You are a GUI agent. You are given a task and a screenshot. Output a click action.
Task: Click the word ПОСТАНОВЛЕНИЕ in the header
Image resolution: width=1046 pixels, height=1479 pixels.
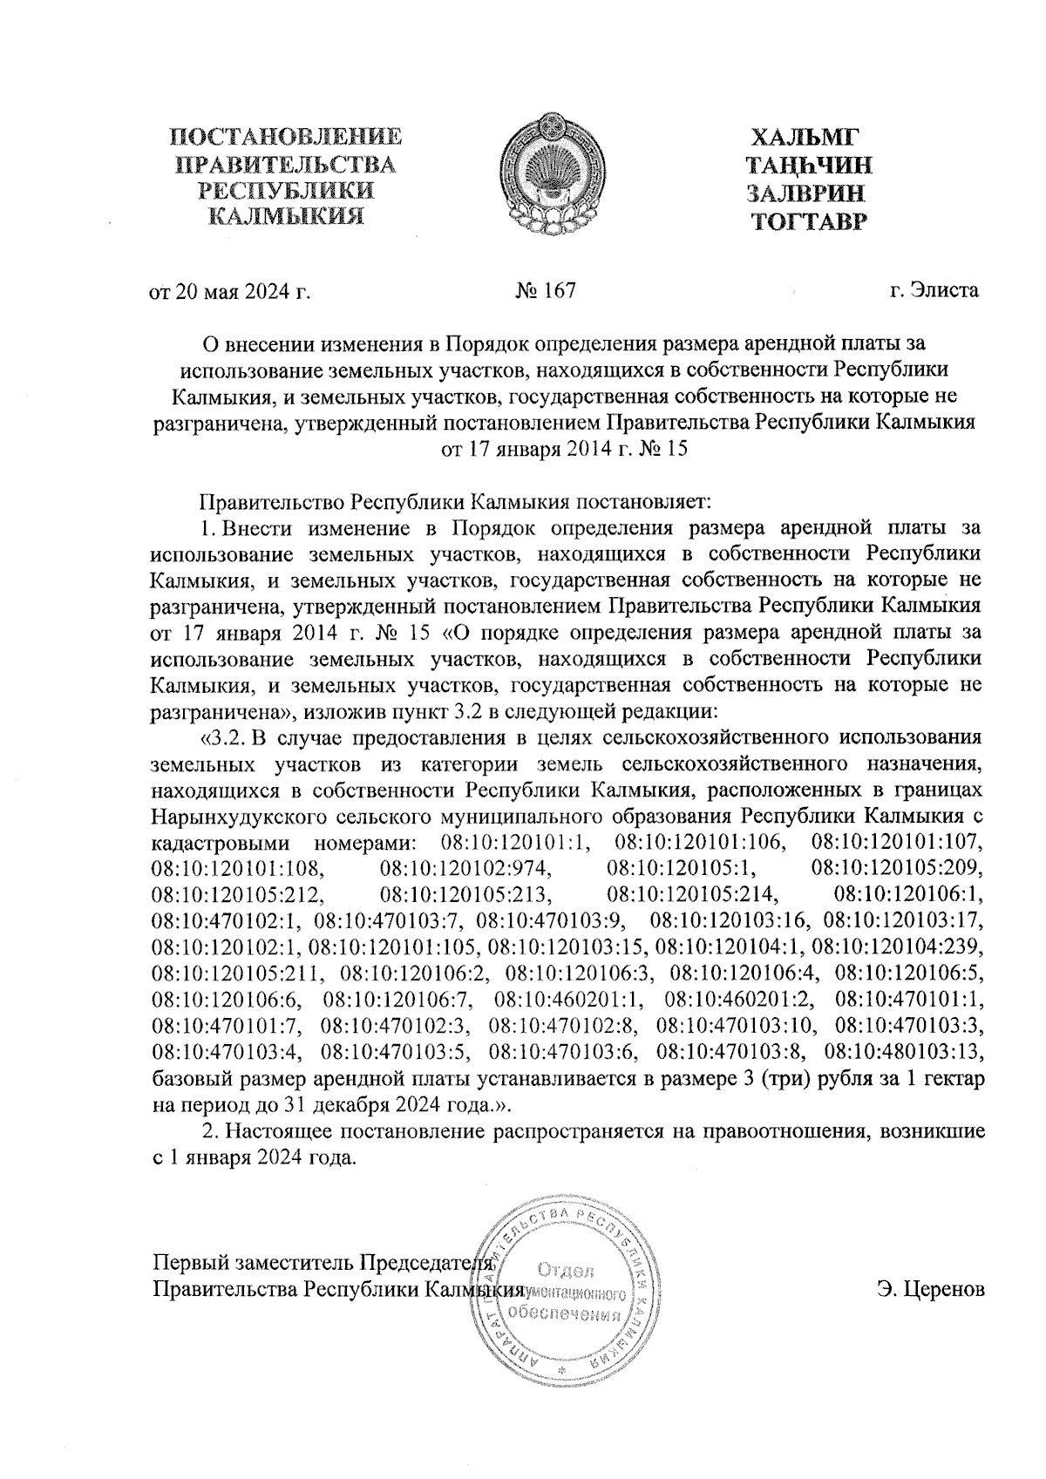tap(286, 138)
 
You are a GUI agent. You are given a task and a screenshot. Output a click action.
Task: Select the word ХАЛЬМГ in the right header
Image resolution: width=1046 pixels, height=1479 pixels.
tap(805, 138)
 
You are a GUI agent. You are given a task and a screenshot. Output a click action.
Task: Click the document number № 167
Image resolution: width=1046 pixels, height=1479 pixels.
tap(546, 290)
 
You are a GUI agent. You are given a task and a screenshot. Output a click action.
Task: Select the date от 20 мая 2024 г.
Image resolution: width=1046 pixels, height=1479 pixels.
tap(231, 291)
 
